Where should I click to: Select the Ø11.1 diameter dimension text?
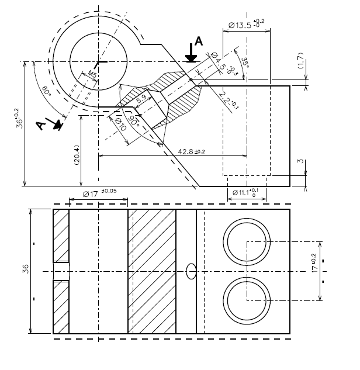[x=246, y=192]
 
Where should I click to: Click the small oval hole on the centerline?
[x=191, y=271]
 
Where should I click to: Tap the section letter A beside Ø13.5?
[x=198, y=41]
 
